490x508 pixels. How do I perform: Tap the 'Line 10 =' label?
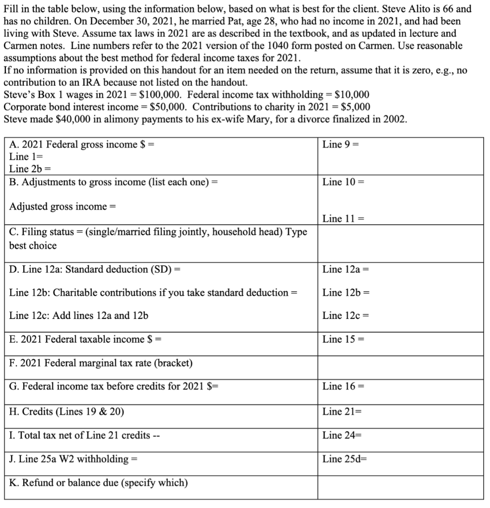(343, 182)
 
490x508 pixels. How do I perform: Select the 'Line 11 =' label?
(343, 218)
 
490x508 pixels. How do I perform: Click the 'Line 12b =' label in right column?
(346, 292)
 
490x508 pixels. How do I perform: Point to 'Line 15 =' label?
(343, 339)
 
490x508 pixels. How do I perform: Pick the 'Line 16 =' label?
(343, 386)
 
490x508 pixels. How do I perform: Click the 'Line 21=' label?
(342, 411)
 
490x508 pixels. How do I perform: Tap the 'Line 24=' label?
(342, 435)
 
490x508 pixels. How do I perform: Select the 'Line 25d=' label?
(344, 459)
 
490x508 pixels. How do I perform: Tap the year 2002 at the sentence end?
(395, 119)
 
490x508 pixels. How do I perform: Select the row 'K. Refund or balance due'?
(98, 482)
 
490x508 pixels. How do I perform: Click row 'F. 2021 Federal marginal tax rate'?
(101, 363)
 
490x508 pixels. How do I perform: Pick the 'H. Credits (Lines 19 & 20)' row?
(67, 411)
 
